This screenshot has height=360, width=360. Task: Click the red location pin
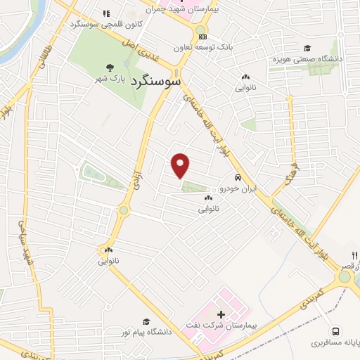coord(181,164)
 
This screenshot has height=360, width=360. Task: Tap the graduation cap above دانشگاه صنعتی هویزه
coord(307,48)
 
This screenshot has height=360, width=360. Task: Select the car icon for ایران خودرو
coord(239,178)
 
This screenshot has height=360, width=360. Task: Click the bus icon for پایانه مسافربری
coord(336,330)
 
